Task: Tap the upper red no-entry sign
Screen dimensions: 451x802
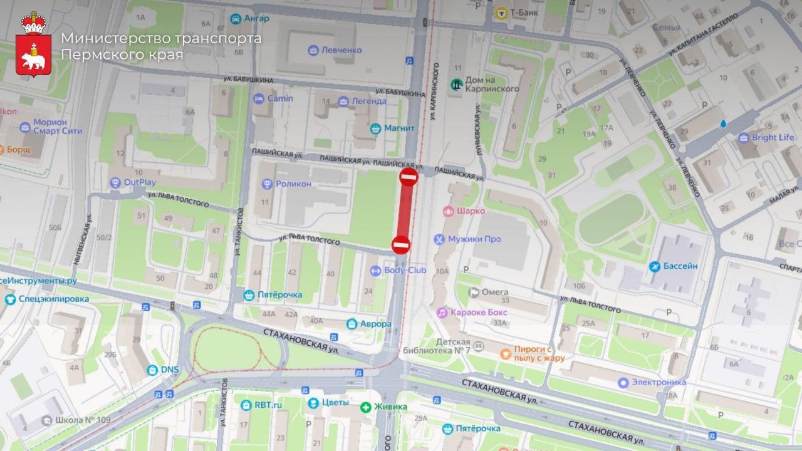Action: [409, 177]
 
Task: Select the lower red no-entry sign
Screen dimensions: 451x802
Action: [401, 244]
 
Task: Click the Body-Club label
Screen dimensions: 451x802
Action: [405, 270]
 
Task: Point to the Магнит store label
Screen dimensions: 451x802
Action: [399, 128]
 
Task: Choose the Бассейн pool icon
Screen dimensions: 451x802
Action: [655, 266]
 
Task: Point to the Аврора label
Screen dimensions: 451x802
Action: [375, 324]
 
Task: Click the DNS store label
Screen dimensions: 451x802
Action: [169, 370]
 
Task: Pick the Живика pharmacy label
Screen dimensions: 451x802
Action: [391, 407]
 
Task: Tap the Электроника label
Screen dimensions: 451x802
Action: [659, 382]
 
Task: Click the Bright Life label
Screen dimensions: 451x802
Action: [773, 137]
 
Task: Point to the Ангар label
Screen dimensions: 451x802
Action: [257, 18]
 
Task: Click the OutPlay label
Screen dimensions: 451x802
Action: [139, 182]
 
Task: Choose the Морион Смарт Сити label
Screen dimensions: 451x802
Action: [58, 127]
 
